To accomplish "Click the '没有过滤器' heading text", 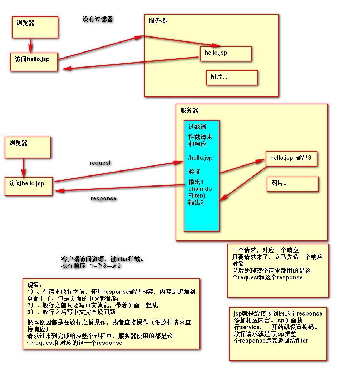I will (98, 19).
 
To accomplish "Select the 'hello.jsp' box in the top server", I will (226, 53).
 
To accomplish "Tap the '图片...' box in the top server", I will (232, 77).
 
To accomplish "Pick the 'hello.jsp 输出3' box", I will (291, 158).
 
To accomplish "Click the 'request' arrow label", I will (100, 163).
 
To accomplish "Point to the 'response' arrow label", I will (103, 199).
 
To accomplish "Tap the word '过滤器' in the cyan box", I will (197, 127).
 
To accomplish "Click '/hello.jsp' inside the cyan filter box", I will (201, 158).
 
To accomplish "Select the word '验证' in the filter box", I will (194, 172).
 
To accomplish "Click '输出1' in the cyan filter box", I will (196, 182).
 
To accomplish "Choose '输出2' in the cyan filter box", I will (196, 203).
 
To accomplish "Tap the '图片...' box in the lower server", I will (292, 184).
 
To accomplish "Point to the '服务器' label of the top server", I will (158, 21).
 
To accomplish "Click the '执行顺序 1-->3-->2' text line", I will (91, 266).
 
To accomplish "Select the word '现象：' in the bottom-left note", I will (35, 286).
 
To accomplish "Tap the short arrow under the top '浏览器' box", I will (30, 46).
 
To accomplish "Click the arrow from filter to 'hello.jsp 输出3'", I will (242, 167).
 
